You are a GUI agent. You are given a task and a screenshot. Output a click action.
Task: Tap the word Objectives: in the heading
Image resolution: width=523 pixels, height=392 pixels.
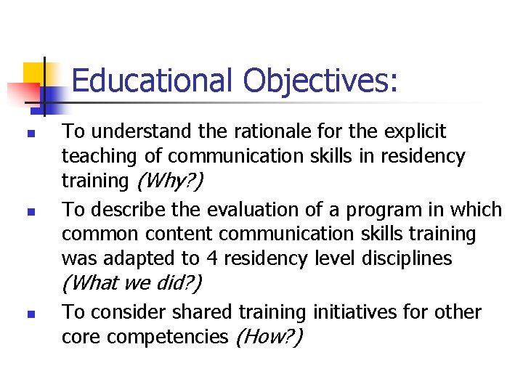tap(320, 81)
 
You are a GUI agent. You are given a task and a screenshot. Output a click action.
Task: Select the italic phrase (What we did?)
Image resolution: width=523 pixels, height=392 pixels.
tap(132, 282)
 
